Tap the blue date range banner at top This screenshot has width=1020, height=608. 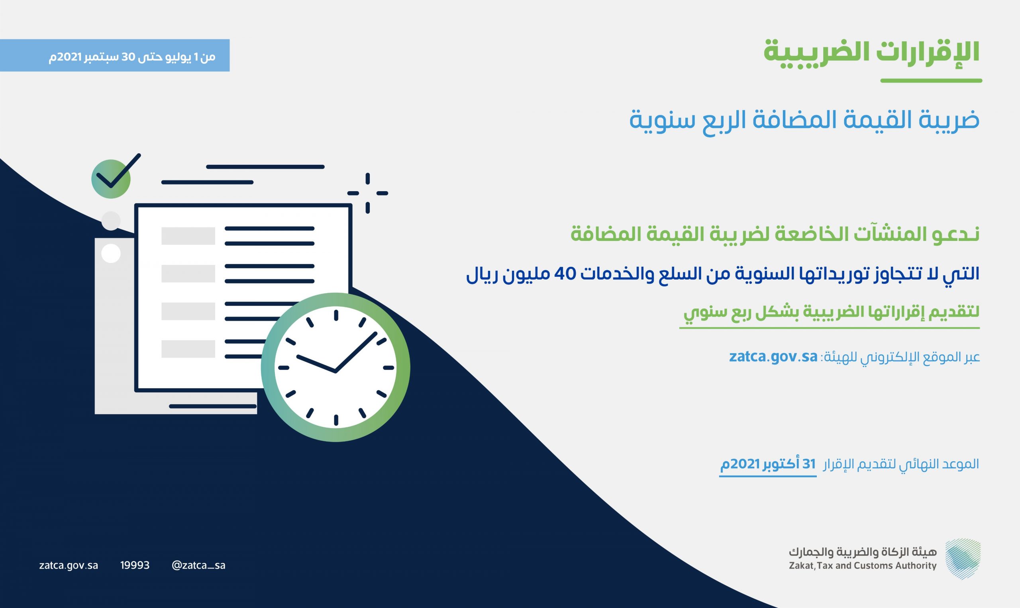tap(115, 55)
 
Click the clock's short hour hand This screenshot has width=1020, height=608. tap(316, 364)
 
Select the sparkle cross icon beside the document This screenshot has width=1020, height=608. tap(368, 193)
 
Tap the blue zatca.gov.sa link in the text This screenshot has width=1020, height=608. tap(773, 356)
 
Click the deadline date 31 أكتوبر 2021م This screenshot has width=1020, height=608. tap(768, 464)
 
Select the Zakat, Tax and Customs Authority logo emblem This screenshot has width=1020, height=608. tap(963, 559)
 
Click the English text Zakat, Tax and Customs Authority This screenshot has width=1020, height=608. tap(863, 566)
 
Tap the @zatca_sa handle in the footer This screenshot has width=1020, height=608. tap(199, 565)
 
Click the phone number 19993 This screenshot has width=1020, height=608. tap(135, 565)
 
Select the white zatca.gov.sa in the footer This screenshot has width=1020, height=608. tap(69, 566)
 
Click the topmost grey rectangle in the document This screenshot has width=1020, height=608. tap(188, 236)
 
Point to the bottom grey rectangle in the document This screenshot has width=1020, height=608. tap(188, 349)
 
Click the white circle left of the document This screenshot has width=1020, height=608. tap(111, 254)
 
